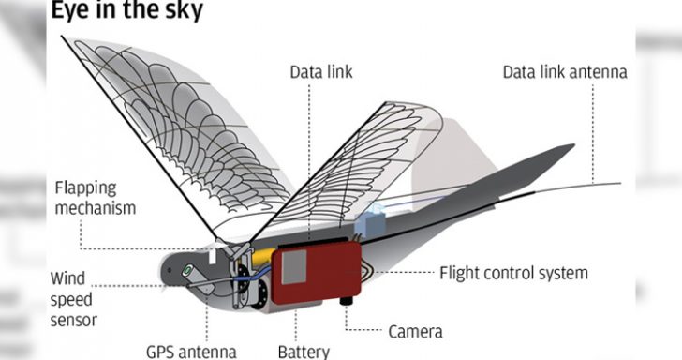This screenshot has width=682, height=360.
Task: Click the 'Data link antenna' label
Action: coord(564,72)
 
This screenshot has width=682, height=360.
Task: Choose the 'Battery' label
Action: coord(304,352)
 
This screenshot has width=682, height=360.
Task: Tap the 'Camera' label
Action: coord(415,330)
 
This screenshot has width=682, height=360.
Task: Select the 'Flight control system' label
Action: coord(513,273)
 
